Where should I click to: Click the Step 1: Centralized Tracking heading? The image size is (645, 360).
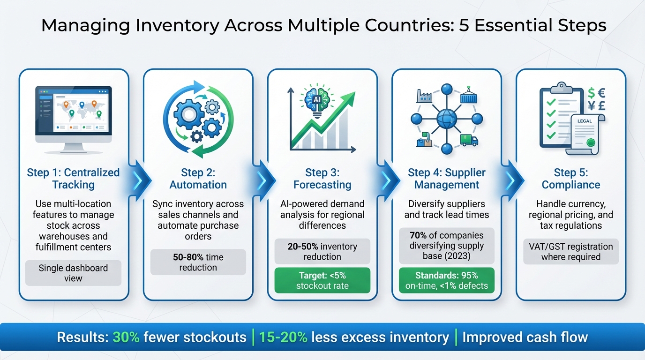(74, 179)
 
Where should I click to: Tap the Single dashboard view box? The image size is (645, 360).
(73, 273)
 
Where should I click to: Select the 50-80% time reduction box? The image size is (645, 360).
(198, 262)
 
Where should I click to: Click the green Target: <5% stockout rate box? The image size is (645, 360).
(322, 280)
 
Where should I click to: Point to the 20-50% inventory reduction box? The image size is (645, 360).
(322, 251)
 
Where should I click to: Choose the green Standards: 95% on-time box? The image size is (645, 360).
(446, 280)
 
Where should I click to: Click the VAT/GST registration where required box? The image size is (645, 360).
(570, 252)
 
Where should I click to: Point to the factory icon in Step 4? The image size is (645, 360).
(424, 96)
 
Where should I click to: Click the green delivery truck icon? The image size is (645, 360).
(469, 140)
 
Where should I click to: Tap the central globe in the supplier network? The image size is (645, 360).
(446, 119)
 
